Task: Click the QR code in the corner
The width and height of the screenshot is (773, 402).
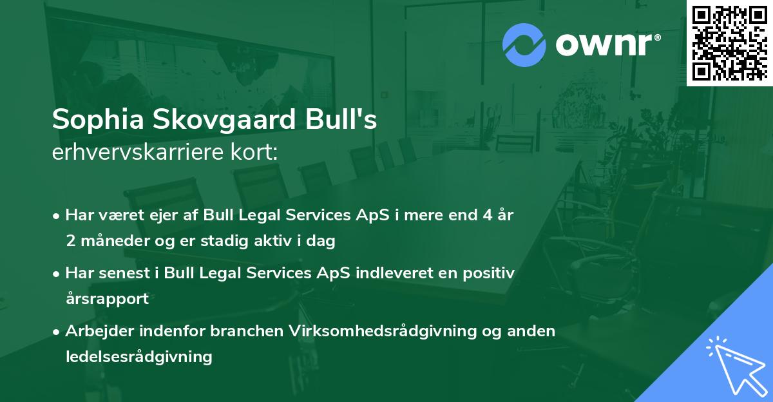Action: pos(730,43)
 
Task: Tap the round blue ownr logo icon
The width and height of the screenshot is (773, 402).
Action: pos(524,45)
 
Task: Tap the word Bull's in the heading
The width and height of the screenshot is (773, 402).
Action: pos(349,120)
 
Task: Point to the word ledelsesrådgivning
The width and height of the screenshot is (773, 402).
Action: pos(138,357)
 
